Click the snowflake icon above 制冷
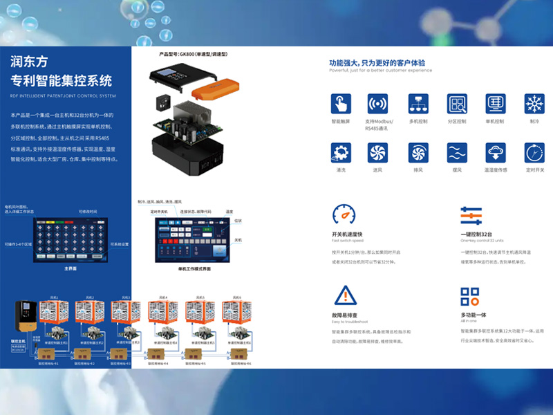tap(534, 104)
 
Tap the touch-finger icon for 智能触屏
tap(340, 104)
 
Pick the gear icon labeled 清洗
tap(340, 153)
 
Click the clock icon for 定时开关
tap(534, 153)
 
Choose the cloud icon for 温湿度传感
tap(495, 153)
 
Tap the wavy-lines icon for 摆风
tap(456, 153)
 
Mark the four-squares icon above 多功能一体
tap(470, 296)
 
